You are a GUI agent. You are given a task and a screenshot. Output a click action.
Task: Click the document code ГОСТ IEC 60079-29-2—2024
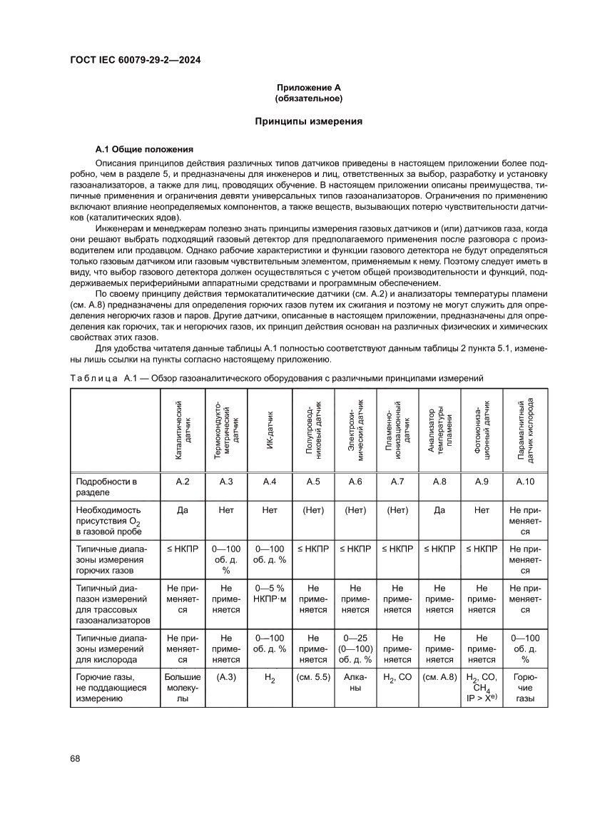135,61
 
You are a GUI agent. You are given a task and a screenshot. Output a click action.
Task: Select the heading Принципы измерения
309,122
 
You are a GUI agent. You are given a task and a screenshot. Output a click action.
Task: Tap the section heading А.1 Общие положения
144,150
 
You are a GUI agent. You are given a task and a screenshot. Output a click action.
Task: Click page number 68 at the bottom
75,758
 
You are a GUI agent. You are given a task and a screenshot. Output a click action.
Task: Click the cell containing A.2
183,482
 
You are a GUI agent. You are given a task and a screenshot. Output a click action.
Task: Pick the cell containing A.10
525,482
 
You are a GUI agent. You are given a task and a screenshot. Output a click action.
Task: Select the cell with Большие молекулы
183,687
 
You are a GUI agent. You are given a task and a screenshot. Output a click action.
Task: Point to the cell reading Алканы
355,682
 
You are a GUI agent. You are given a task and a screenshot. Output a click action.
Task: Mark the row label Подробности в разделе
106,487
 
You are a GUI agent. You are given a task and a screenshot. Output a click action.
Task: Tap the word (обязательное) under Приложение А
309,98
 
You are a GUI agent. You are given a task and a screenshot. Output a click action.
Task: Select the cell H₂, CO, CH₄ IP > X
482,688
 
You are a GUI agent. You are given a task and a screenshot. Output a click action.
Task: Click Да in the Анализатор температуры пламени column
439,510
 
